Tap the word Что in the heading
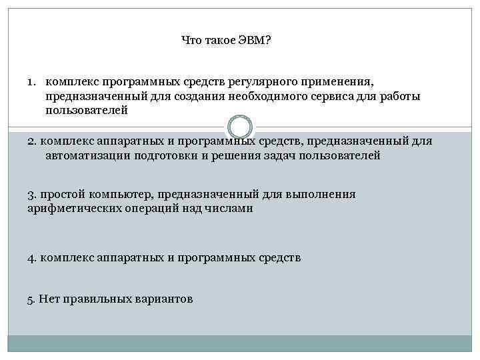[191, 41]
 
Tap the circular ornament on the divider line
[239, 127]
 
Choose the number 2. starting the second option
[32, 141]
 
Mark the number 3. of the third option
[32, 195]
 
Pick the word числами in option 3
[231, 209]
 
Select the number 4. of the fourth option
[32, 257]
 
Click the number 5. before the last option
[32, 299]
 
